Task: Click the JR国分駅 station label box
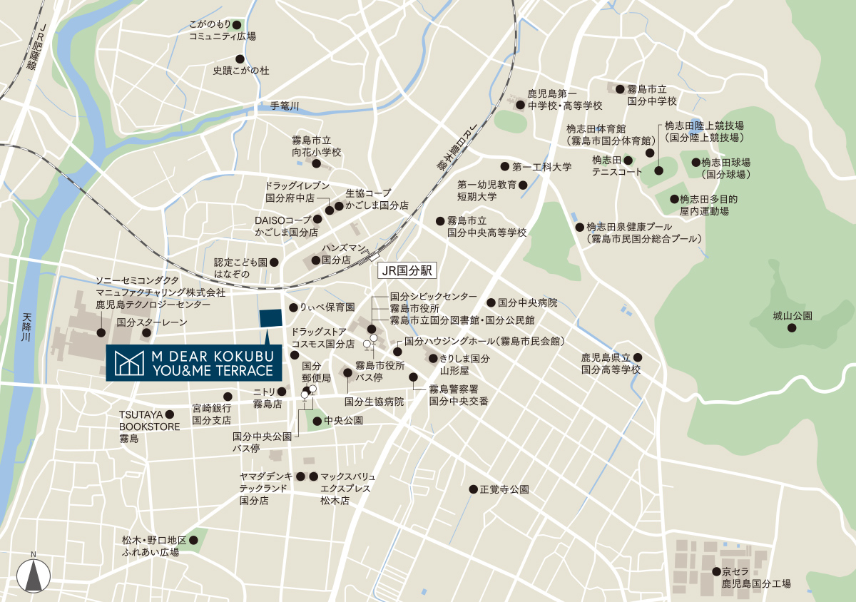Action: (406, 272)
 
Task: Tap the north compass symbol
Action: (33, 573)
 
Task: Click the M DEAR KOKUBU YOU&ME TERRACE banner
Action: (193, 363)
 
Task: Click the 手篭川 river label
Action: (285, 106)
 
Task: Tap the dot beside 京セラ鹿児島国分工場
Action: (715, 571)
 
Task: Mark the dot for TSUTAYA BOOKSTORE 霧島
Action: (170, 414)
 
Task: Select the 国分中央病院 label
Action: (527, 302)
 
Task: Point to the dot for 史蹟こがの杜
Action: (240, 59)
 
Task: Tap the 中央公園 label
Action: (343, 421)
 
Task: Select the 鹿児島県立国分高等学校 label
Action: (611, 364)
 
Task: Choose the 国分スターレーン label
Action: (152, 322)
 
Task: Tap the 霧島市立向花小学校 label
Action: (317, 146)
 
